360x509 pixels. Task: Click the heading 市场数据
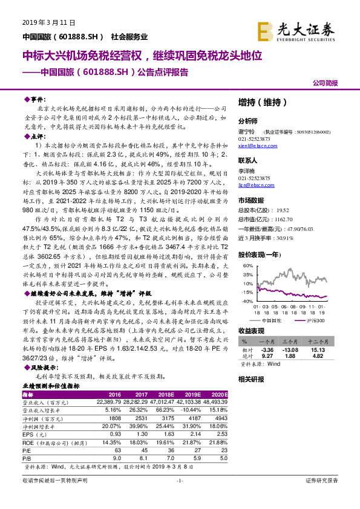(x=251, y=199)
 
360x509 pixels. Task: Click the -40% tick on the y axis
(x=245, y=300)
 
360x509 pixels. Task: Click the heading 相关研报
(x=251, y=379)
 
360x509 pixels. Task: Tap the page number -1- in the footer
(x=179, y=497)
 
